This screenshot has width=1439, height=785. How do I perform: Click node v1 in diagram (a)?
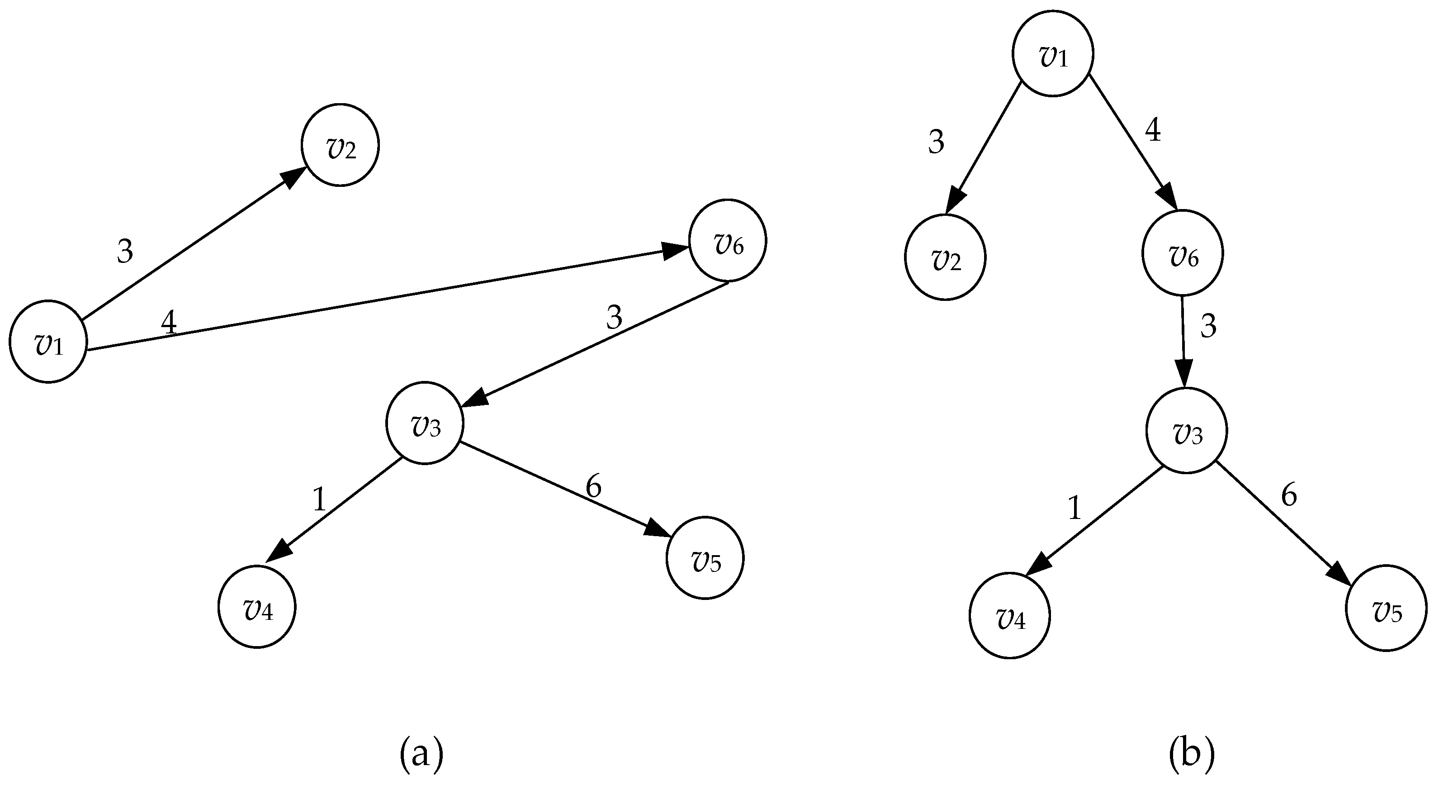coord(48,342)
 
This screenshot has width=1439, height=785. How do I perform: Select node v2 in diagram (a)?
coord(340,145)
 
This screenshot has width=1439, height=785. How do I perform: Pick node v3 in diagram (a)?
coord(425,423)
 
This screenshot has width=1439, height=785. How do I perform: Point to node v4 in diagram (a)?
coord(257,607)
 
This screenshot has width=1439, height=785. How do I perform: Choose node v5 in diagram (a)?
coord(705,557)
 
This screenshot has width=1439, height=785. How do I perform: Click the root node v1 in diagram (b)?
coord(1053,54)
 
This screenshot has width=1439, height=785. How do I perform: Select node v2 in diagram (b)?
coord(945,257)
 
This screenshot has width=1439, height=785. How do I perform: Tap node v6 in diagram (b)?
coord(1183,252)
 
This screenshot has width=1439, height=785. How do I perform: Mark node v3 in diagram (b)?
coord(1187,431)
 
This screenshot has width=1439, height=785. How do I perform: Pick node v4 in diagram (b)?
coord(1010,616)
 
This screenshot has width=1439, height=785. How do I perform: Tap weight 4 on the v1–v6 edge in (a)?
coord(169,323)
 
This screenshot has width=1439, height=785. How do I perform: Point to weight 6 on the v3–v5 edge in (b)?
coord(1289,495)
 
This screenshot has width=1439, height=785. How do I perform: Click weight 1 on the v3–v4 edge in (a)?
coord(320,499)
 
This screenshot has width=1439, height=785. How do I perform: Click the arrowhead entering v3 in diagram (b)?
coord(1184,373)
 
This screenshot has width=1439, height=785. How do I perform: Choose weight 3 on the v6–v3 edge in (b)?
coord(1208,326)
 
